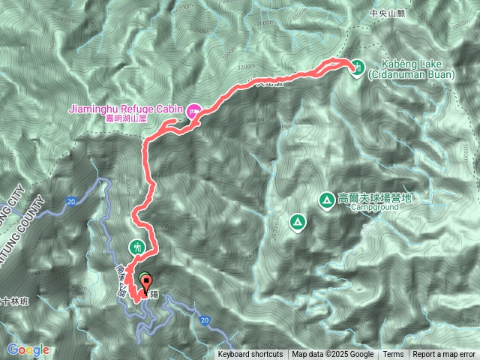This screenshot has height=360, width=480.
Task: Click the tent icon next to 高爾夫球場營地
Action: (x=327, y=199)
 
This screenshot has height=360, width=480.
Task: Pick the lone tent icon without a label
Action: (x=298, y=222)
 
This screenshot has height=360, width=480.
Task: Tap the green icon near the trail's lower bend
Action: (x=136, y=245)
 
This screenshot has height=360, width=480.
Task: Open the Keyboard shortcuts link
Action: (x=250, y=355)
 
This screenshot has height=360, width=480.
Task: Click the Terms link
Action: (x=393, y=355)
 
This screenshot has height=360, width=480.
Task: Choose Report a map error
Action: (x=445, y=355)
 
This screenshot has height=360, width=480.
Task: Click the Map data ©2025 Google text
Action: (x=333, y=355)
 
